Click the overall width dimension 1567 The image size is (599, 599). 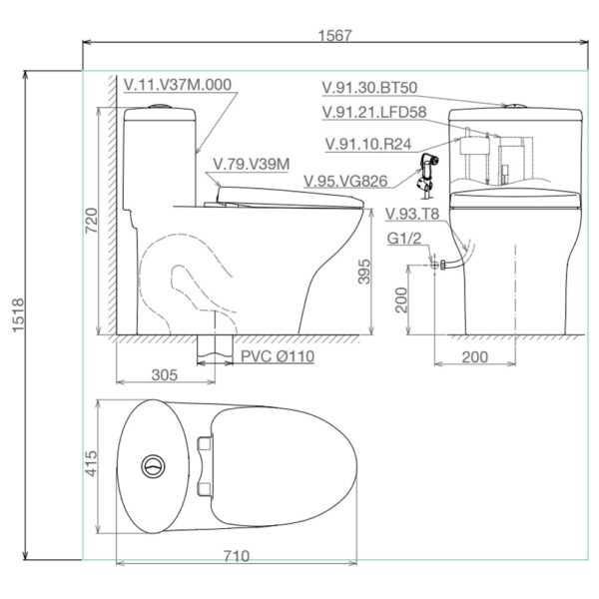pos(334,36)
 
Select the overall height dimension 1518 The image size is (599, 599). pos(18,315)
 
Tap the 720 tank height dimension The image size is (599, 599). pos(91,221)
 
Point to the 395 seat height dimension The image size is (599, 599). pos(364,272)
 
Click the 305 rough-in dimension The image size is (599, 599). pos(165,374)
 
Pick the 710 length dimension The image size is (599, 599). pos(237,556)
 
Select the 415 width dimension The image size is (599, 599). pos(91,464)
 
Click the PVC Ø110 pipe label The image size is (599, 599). pos(278,356)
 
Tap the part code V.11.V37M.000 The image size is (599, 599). pos(178,85)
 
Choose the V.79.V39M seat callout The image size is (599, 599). pos(252,165)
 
